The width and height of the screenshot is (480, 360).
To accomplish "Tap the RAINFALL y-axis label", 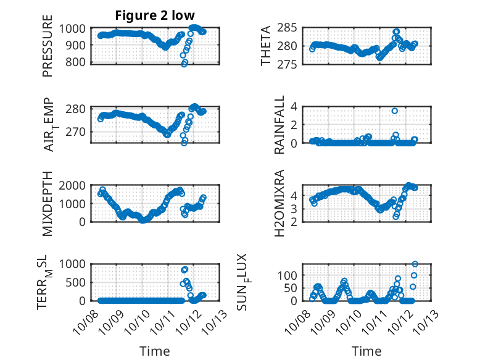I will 279,125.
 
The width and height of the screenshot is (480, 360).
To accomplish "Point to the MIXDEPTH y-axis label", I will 48,203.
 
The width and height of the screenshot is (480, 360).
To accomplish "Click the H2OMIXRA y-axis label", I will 279,203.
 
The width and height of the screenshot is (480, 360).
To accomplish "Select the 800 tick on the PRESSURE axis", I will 79,62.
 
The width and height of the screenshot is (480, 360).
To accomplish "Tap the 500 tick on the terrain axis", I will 79,282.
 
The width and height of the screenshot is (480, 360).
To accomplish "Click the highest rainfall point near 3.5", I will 395,111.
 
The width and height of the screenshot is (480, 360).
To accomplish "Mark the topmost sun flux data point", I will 415,264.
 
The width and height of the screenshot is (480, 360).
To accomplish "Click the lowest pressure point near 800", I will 184,64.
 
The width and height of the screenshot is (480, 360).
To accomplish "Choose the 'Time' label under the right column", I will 366,351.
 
